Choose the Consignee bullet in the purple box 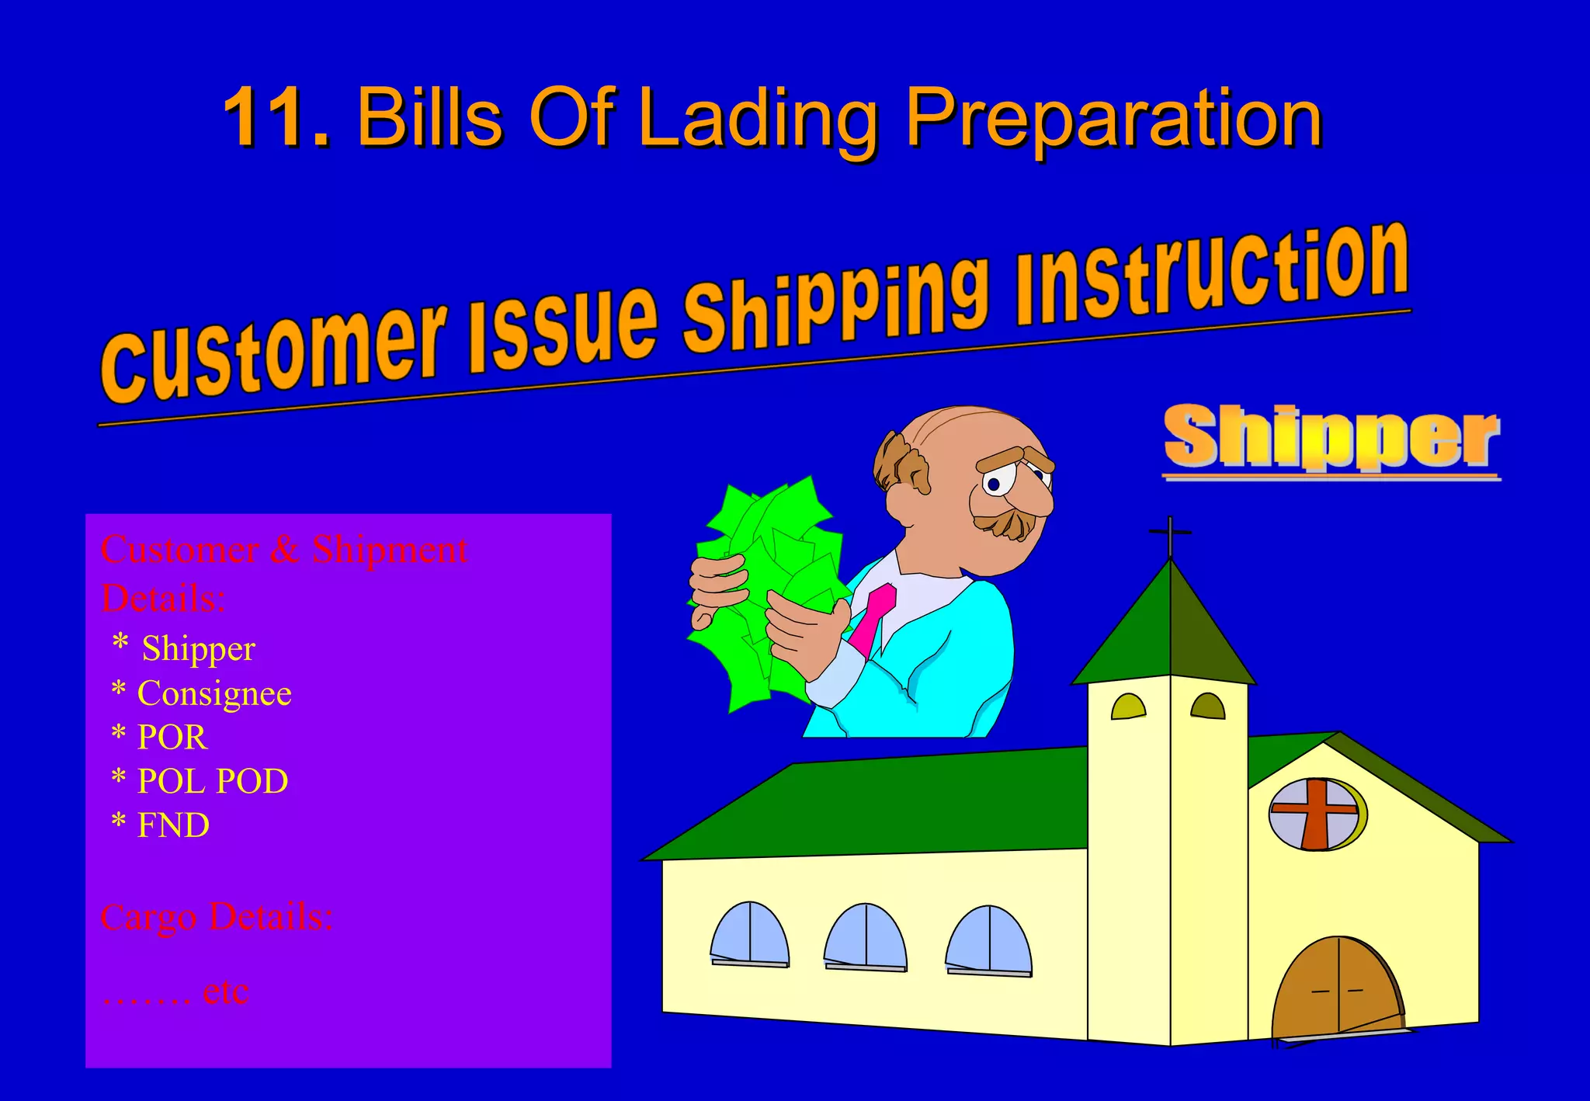[x=214, y=693]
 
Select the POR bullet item [x=172, y=737]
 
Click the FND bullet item [x=172, y=825]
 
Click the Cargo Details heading [x=217, y=917]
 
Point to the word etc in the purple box [x=225, y=992]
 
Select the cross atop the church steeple [x=1170, y=533]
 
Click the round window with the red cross [x=1317, y=814]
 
